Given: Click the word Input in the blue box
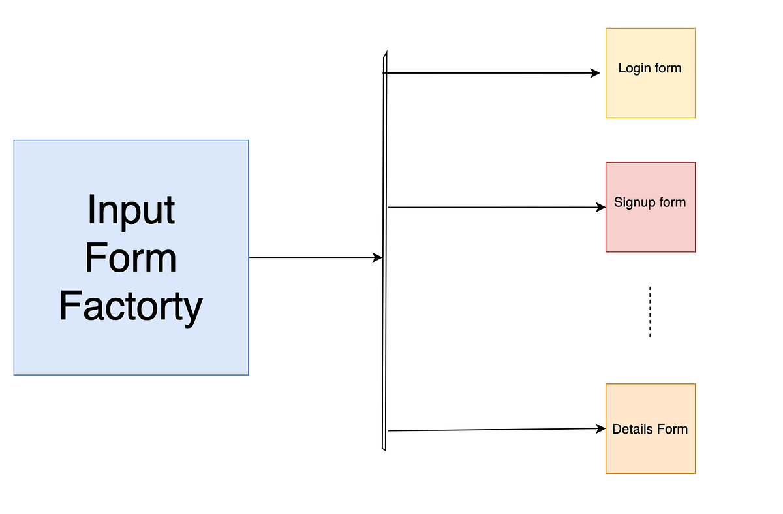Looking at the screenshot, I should (131, 210).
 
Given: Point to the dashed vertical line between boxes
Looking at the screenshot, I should (650, 312).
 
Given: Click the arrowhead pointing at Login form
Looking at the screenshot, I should (595, 73).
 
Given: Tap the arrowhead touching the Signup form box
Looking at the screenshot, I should (601, 208).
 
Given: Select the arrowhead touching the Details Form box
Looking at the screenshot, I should (601, 429).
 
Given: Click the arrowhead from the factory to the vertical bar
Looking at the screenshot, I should (377, 258).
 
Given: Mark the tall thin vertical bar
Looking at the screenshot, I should (384, 327).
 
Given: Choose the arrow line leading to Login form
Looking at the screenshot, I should (489, 73).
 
